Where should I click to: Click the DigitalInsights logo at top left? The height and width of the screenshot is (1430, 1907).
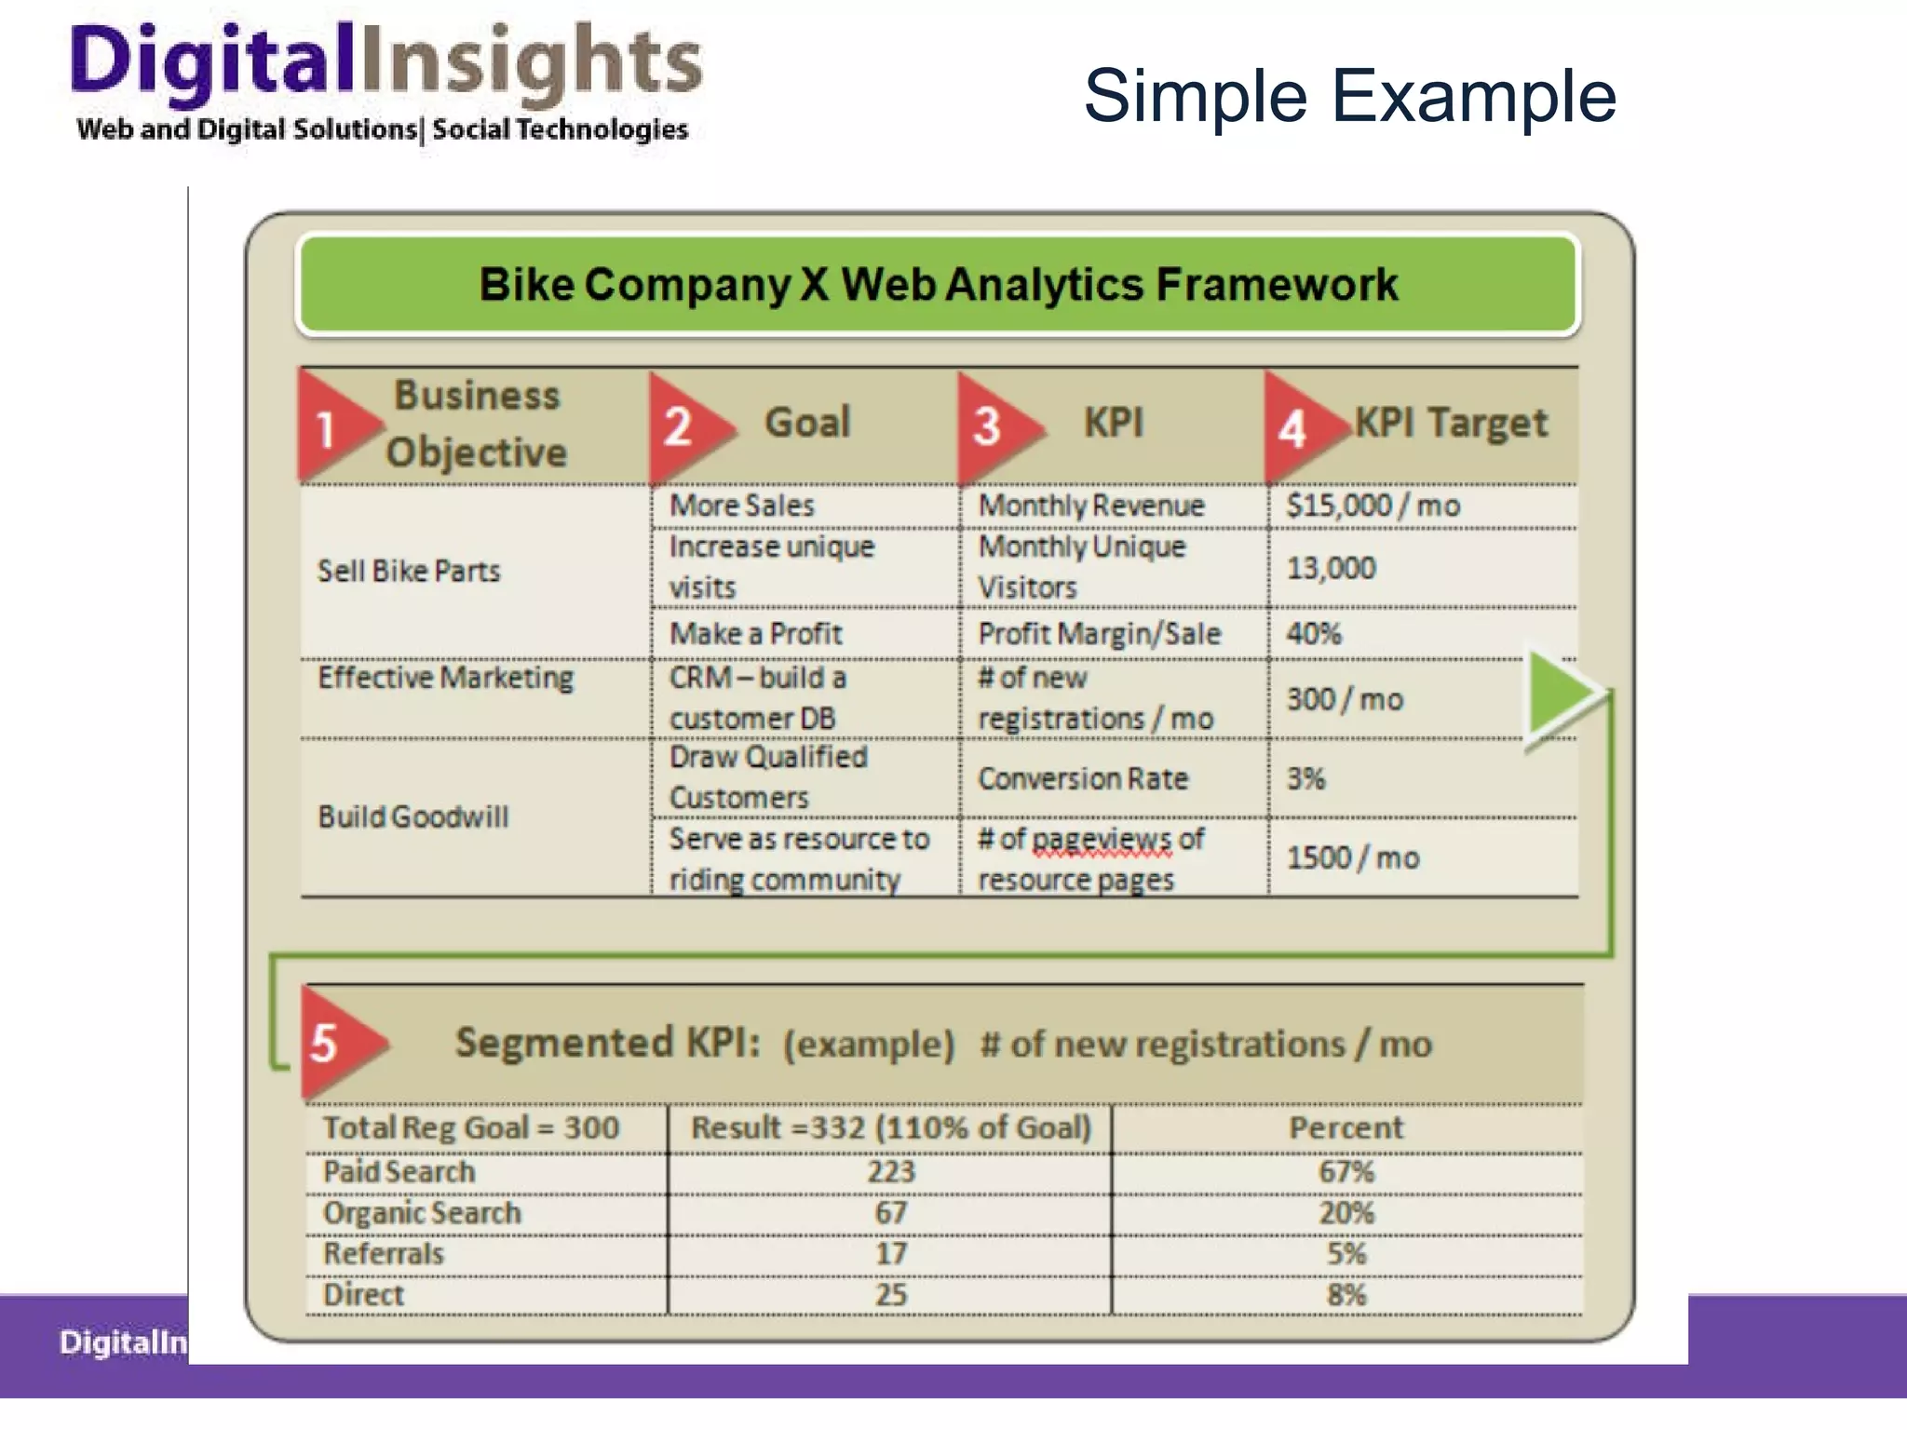point(384,82)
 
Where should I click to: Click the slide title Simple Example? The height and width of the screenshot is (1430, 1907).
point(1349,96)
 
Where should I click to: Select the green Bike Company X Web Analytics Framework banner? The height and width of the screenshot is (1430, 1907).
point(938,285)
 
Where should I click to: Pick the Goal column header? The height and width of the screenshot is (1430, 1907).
point(807,423)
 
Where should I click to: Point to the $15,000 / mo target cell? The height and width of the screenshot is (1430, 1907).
point(1373,506)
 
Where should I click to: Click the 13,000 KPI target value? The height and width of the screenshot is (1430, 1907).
point(1331,568)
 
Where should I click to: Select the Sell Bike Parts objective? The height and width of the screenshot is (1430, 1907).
point(409,571)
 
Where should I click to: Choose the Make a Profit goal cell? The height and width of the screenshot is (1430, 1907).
point(755,634)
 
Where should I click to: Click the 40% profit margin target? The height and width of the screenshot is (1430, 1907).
point(1314,634)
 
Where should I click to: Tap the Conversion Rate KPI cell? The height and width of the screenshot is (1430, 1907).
point(1083,778)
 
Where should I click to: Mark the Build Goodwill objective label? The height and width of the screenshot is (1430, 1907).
point(413,817)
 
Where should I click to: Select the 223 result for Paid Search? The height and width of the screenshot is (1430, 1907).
point(890,1171)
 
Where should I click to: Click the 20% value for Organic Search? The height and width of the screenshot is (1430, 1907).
point(1346,1213)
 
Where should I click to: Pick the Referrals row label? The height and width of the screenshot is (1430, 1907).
point(384,1254)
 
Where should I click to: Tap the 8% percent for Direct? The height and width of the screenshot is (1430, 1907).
point(1346,1295)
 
